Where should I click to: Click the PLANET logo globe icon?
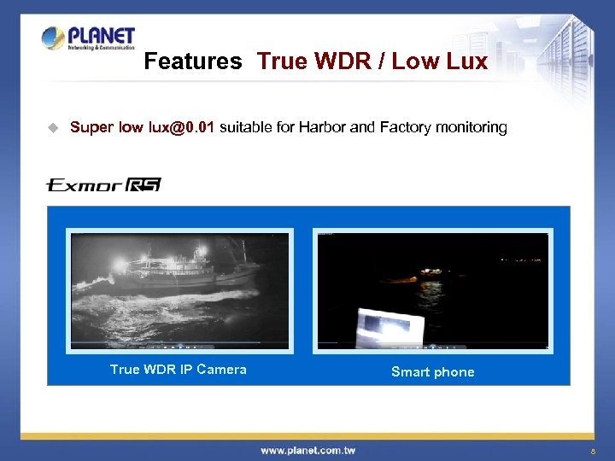point(53,38)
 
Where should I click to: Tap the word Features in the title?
point(193,61)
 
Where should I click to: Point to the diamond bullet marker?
point(52,128)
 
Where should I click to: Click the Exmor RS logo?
point(103,185)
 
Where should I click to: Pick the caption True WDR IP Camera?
point(179,370)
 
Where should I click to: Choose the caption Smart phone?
point(432,372)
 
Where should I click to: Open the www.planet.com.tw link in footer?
point(308,450)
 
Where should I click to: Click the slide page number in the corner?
point(593,450)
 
